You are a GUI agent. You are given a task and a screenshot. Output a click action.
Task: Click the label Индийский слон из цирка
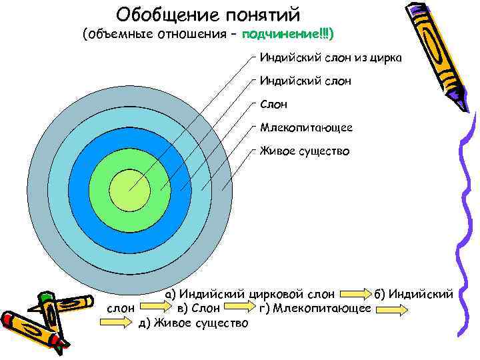coord(331,59)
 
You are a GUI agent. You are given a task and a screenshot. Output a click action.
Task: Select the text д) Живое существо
coord(193,323)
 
